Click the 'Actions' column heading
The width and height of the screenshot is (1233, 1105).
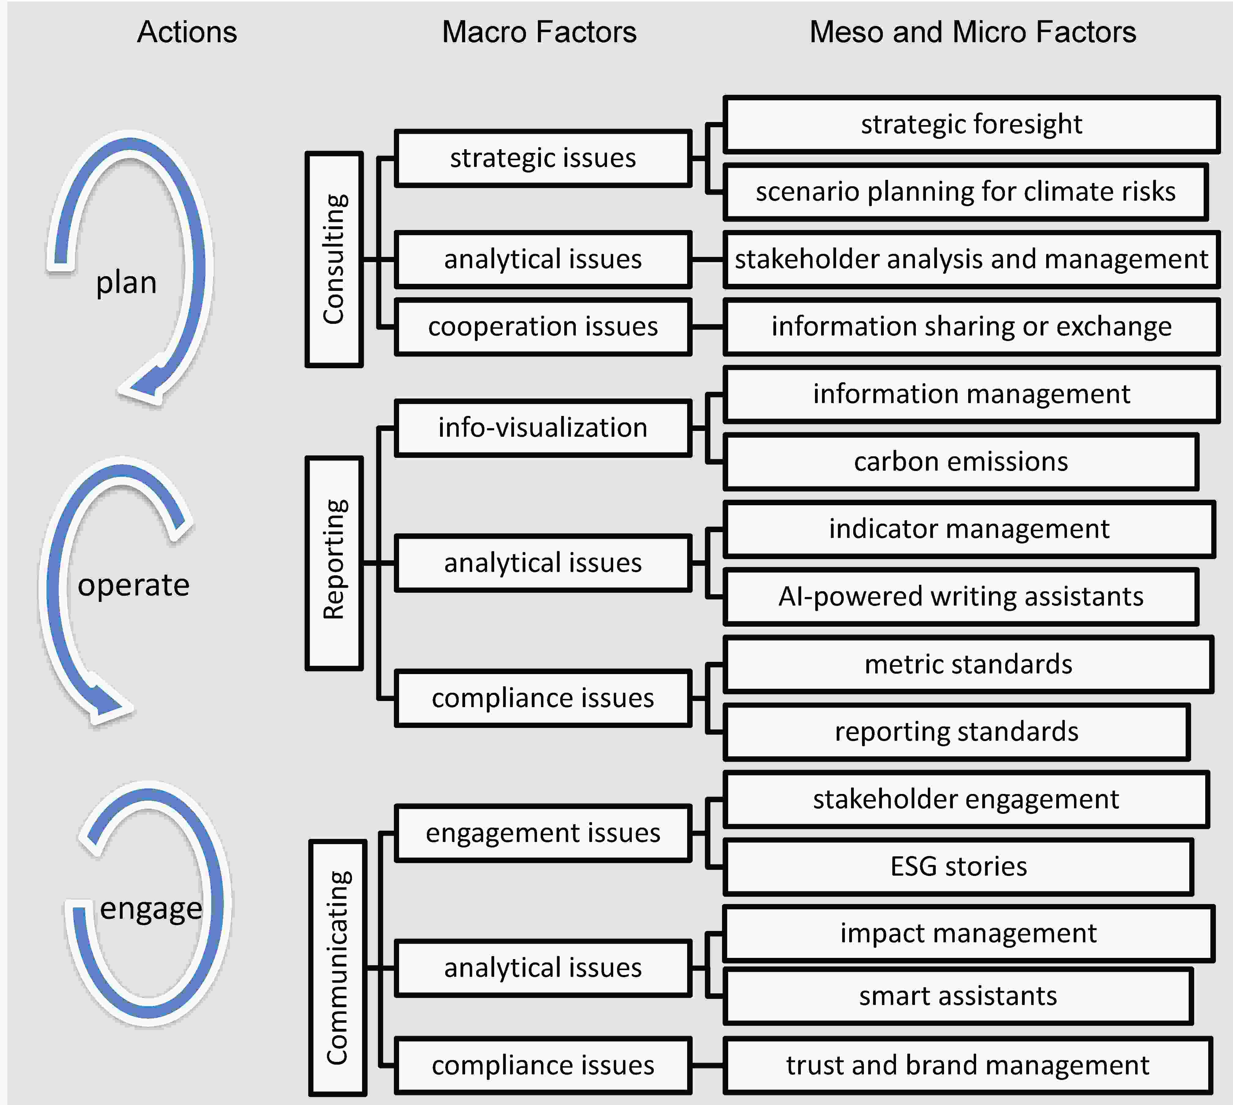click(187, 32)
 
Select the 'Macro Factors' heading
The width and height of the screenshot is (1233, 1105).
click(539, 32)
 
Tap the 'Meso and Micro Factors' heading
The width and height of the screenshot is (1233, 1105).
click(972, 32)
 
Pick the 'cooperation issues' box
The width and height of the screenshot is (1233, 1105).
click(543, 327)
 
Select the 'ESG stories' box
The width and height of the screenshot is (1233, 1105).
click(959, 866)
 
